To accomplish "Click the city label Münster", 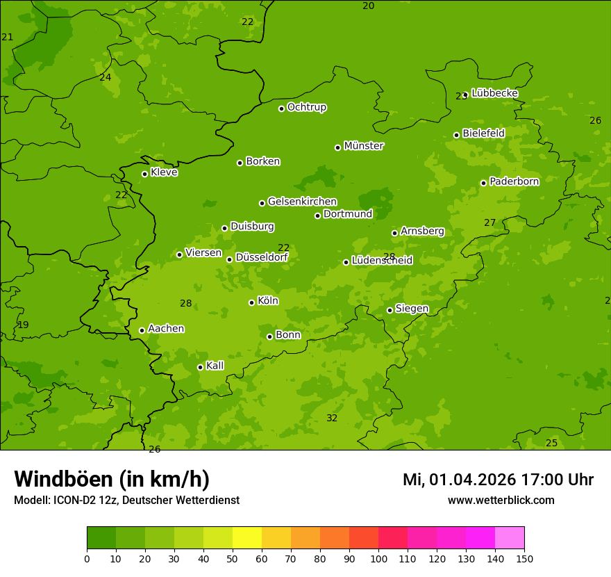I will point(364,146).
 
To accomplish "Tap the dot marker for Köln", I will point(251,302).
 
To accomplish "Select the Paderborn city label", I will point(514,181).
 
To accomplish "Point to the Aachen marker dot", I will point(142,330).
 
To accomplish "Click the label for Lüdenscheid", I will point(382,261).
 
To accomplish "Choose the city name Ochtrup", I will point(307,107).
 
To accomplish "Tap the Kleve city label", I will point(164,172).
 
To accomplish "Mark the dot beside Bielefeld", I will point(456,135).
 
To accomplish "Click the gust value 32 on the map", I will point(332,418).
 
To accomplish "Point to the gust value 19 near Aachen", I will point(24,325).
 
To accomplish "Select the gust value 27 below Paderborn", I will point(490,222).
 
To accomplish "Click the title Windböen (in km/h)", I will point(112,479).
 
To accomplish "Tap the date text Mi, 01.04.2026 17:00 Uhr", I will point(498,480).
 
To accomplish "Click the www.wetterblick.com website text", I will point(501,500).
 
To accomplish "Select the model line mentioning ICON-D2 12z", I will point(126,500).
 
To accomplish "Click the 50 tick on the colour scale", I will point(233,558).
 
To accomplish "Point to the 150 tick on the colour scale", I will point(524,558).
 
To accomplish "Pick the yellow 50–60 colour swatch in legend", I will point(247,537).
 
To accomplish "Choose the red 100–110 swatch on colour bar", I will point(393,537).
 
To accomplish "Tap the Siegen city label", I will point(412,309).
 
